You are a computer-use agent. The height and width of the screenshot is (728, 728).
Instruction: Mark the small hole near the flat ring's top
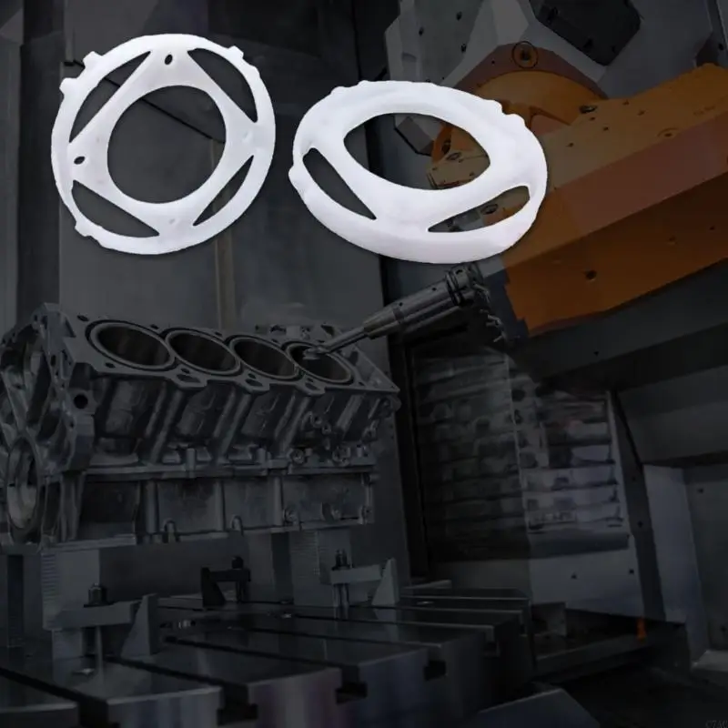pos(170,61)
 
